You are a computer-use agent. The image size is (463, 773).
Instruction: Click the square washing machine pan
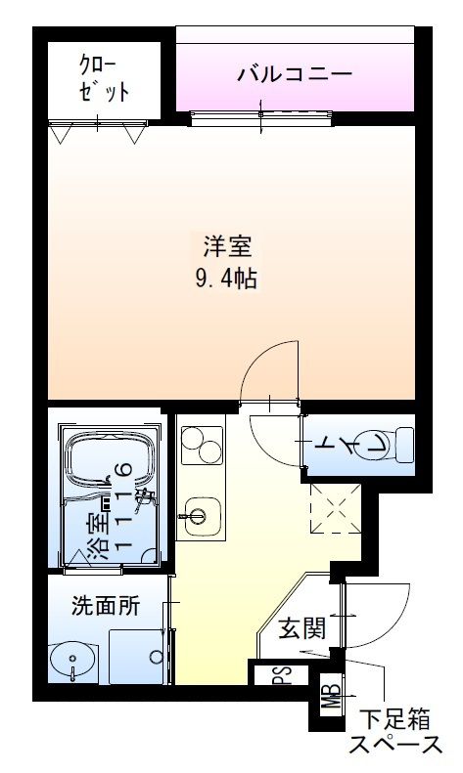click(x=138, y=656)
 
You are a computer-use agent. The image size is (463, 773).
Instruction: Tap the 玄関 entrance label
click(x=301, y=627)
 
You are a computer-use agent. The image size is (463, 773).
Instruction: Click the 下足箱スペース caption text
click(x=396, y=733)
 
